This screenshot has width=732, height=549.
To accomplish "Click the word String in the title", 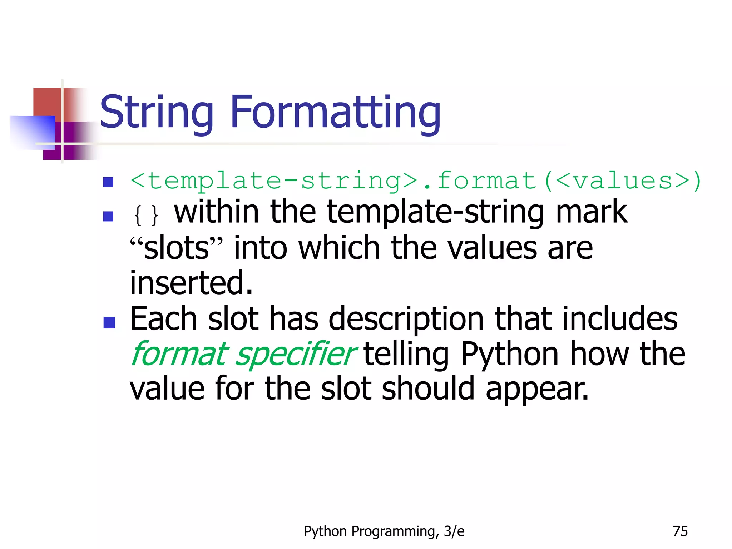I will [156, 113].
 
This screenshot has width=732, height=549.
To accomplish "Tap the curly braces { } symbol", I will [146, 215].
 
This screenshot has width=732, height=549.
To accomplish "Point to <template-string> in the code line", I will [273, 180].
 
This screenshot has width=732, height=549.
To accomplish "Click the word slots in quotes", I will [176, 248].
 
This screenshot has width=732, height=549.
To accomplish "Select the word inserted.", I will [191, 283].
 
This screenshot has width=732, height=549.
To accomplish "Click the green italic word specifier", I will [295, 354].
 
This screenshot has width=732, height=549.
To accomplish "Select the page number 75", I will [680, 531].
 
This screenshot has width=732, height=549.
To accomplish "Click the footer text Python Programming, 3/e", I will [384, 531].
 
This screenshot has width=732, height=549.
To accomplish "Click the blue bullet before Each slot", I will [109, 322].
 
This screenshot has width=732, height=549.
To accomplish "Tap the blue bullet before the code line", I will [108, 182].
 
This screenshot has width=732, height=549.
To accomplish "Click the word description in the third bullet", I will [406, 319].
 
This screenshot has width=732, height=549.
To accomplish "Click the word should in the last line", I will [428, 389].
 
